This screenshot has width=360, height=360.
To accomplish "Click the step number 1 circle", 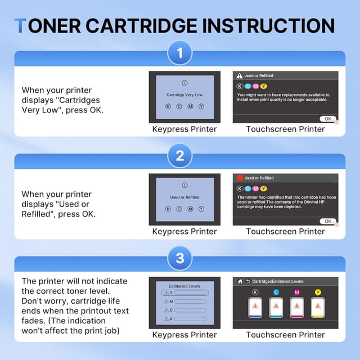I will tap(180, 53).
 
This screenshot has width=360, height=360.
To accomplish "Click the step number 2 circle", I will tap(180, 156).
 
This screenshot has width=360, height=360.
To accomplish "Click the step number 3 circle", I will tap(180, 259).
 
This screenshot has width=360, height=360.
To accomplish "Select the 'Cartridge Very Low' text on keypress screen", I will tap(184, 95).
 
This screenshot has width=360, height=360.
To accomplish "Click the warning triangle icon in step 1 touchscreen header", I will tap(239, 75).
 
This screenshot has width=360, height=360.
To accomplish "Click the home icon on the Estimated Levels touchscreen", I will tap(240, 281).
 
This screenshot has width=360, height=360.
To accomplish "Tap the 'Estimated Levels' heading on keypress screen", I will tap(184, 286).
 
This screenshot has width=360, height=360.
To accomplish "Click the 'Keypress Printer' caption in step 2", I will tap(184, 231).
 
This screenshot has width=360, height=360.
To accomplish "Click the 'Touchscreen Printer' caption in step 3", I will tap(285, 335).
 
